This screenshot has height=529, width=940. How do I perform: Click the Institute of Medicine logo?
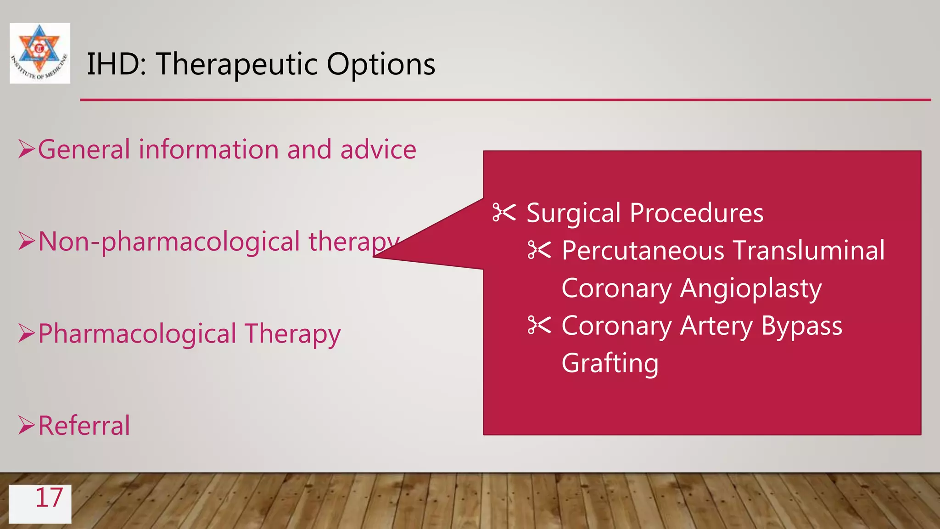(40, 53)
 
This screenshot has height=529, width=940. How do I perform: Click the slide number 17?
(49, 499)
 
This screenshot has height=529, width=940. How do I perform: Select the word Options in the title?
(380, 64)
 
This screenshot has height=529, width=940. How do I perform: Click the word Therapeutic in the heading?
(236, 64)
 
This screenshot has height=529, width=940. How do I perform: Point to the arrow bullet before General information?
(27, 150)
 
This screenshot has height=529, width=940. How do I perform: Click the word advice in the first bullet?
(378, 150)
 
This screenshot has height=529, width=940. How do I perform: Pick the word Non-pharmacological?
(169, 242)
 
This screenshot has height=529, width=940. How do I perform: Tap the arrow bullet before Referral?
(27, 425)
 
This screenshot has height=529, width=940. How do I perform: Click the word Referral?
(84, 426)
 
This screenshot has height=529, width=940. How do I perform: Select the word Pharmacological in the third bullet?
(137, 334)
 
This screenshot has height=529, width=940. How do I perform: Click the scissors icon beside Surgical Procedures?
(504, 213)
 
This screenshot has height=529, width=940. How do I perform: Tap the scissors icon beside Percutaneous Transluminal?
(539, 250)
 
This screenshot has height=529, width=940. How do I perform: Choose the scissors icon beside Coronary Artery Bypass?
(539, 325)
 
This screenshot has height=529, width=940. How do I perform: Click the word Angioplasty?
(750, 289)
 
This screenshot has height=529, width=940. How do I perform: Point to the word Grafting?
(610, 363)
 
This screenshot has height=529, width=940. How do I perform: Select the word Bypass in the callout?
(801, 326)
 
